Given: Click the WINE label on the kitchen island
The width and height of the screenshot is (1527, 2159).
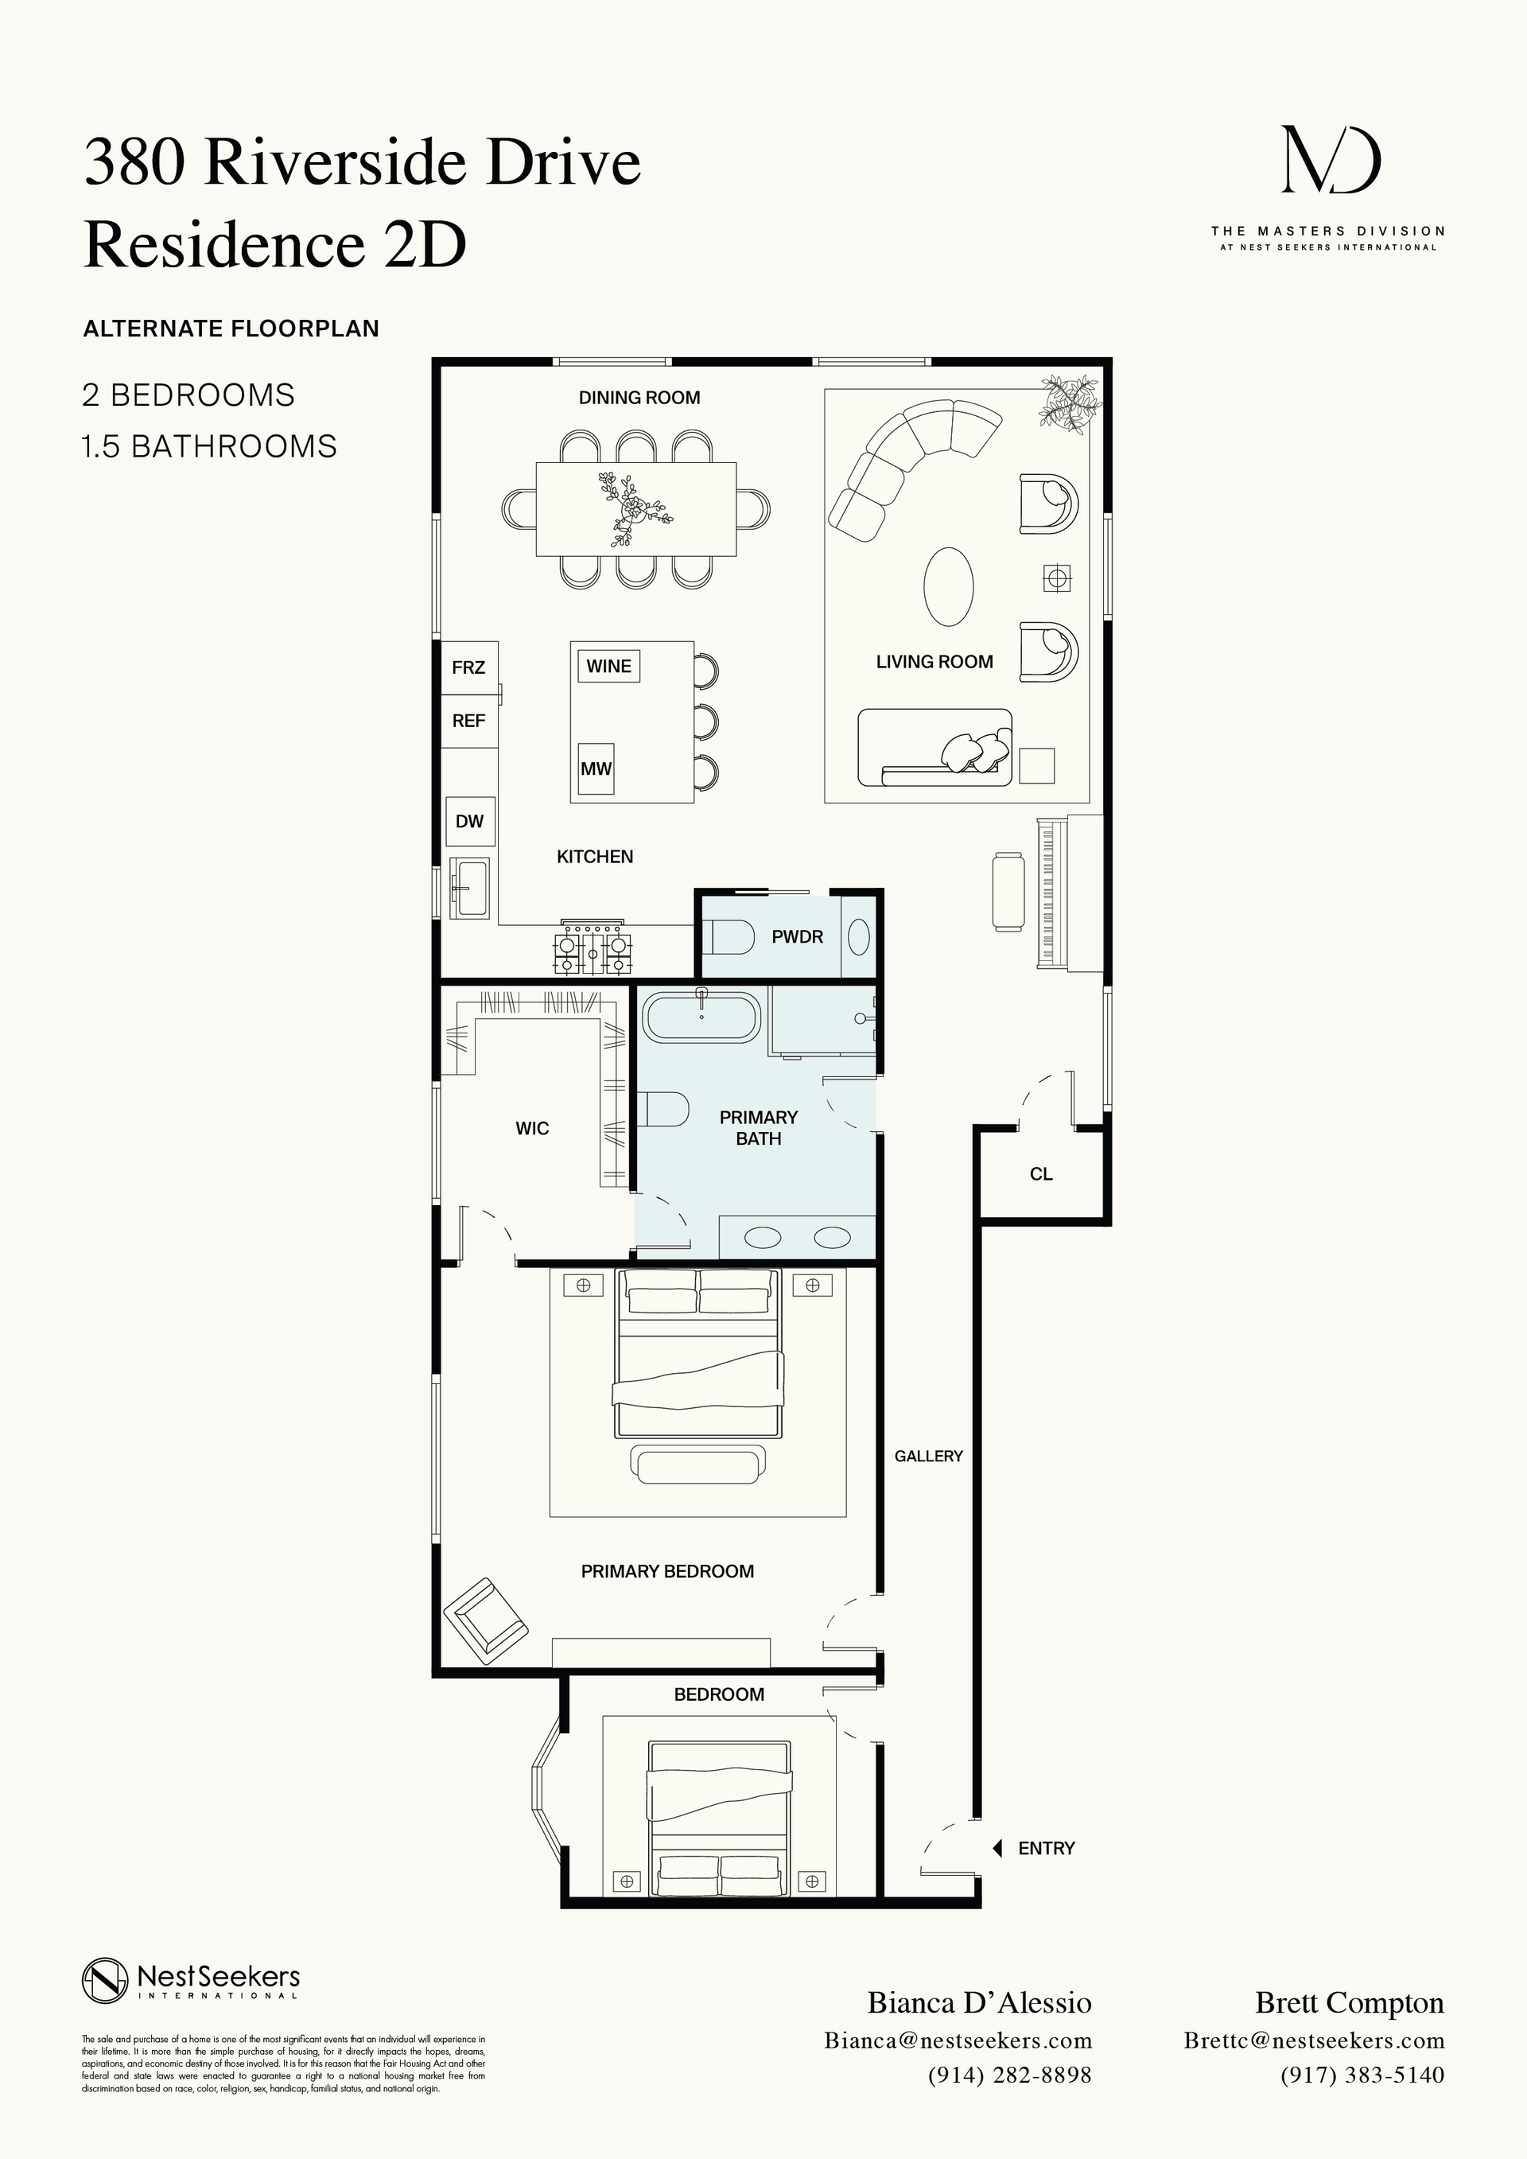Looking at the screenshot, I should pyautogui.click(x=608, y=666).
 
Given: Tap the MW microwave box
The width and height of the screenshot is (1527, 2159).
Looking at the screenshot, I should pyautogui.click(x=596, y=768).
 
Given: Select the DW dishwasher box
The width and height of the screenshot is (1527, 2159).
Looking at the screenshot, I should pyautogui.click(x=469, y=821).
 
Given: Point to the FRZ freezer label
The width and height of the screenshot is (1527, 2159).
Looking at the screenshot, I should pyautogui.click(x=468, y=667).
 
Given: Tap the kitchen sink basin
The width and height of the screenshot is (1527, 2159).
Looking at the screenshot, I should pyautogui.click(x=469, y=887).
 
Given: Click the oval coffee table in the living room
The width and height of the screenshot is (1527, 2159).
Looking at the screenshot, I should pyautogui.click(x=948, y=587).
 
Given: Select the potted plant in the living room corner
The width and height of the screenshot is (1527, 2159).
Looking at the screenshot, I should pyautogui.click(x=1070, y=403).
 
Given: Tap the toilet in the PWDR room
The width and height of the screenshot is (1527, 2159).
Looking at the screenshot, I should pyautogui.click(x=729, y=936).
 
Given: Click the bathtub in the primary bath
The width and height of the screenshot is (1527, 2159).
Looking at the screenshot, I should pyautogui.click(x=701, y=1016).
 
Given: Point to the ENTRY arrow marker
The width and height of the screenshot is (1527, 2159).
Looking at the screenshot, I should pyautogui.click(x=997, y=1848).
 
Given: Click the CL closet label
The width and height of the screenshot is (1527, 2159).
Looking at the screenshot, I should pyautogui.click(x=1041, y=1173).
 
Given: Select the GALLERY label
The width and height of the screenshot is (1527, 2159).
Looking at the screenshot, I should pyautogui.click(x=928, y=1456).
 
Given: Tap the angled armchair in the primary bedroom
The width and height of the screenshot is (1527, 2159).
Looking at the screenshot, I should pyautogui.click(x=485, y=1621).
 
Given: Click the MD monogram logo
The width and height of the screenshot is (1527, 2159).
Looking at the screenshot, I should pyautogui.click(x=1331, y=161).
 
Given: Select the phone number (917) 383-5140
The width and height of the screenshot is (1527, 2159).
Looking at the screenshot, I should pyautogui.click(x=1362, y=2075).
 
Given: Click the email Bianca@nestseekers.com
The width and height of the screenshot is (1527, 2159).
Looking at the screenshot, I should pyautogui.click(x=958, y=2040).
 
